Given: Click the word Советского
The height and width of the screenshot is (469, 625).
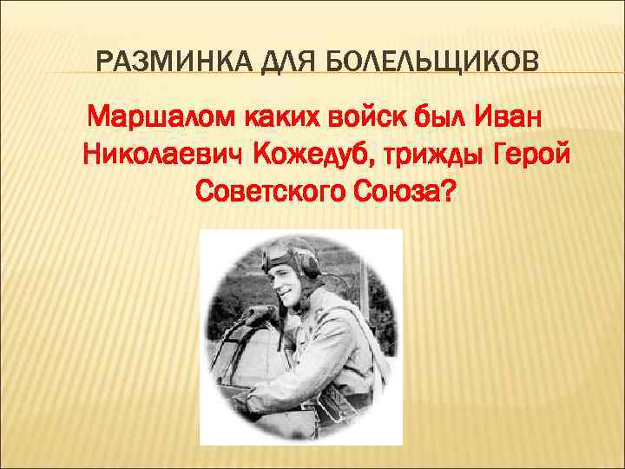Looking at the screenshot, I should (271, 192).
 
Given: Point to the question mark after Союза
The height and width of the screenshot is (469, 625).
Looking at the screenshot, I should (444, 192).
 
